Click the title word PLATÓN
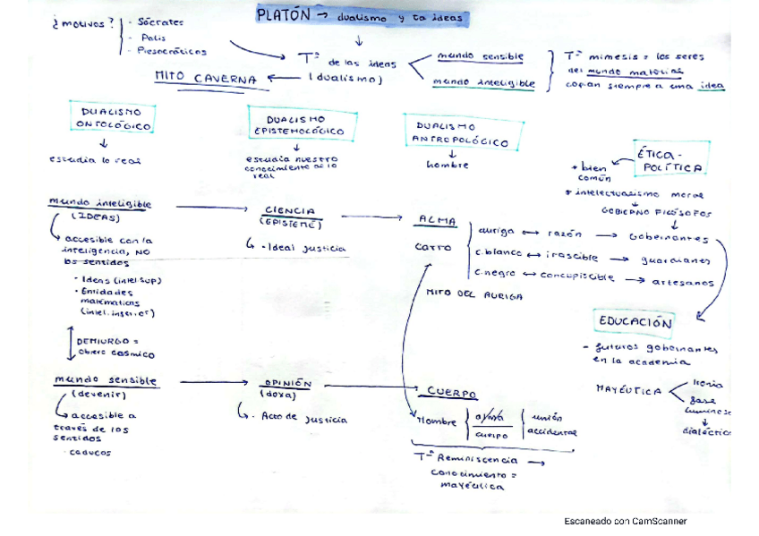(283, 15)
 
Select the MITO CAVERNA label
(206, 78)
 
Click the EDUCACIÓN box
(635, 322)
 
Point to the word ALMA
(438, 219)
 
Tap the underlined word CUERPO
(451, 393)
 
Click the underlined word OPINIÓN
(287, 383)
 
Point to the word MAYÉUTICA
(628, 390)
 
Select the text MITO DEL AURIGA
(474, 294)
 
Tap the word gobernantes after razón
(669, 238)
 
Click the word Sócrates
(162, 21)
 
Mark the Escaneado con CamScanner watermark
(625, 521)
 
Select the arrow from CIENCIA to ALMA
(371, 216)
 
